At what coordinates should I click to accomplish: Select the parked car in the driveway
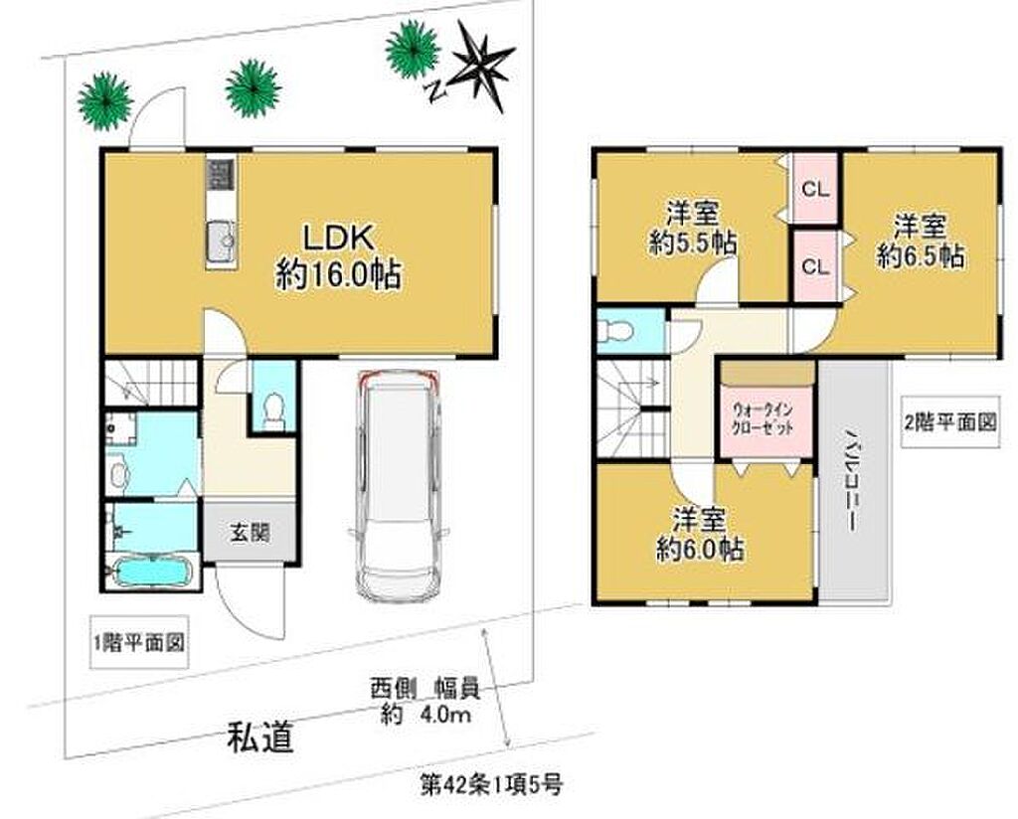[x=397, y=485]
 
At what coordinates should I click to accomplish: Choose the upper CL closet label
[x=815, y=190]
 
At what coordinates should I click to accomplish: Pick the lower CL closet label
[x=815, y=266]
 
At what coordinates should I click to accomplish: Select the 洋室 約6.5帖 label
[x=920, y=242]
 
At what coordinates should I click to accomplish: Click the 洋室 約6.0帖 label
[x=699, y=535]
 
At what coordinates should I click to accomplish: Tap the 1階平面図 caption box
[x=139, y=642]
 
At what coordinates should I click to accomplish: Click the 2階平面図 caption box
[x=950, y=422]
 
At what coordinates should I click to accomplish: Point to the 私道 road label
[x=260, y=737]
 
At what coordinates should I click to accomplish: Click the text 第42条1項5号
[x=491, y=785]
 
